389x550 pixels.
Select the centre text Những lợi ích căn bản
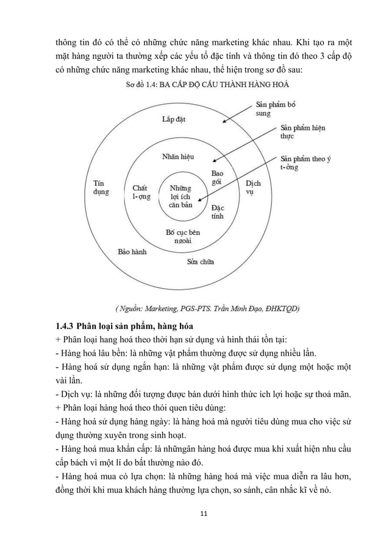click(180, 197)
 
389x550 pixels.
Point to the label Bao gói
click(217, 178)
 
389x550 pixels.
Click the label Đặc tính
click(218, 211)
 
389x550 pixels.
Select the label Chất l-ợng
click(141, 192)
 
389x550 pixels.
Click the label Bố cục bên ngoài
click(183, 236)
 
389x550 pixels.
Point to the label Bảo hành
click(132, 251)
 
